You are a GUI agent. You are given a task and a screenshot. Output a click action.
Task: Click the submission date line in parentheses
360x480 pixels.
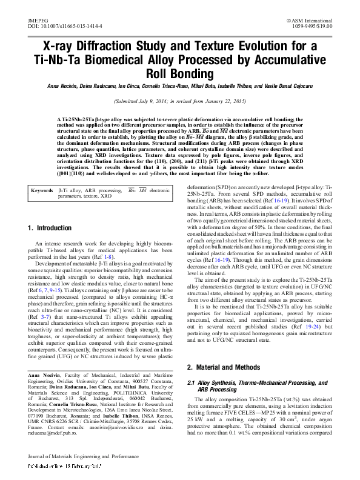point(180,102)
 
